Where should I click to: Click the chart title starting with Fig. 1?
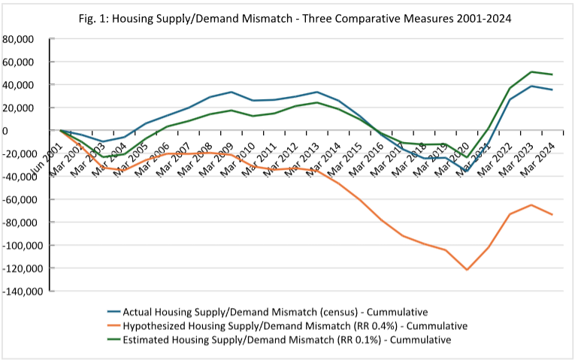coord(287,17)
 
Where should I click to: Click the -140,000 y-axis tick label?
coord(25,291)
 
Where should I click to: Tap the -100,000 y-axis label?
coord(25,245)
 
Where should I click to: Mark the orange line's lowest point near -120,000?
coord(468,269)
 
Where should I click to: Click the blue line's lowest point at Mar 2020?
coord(468,171)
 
